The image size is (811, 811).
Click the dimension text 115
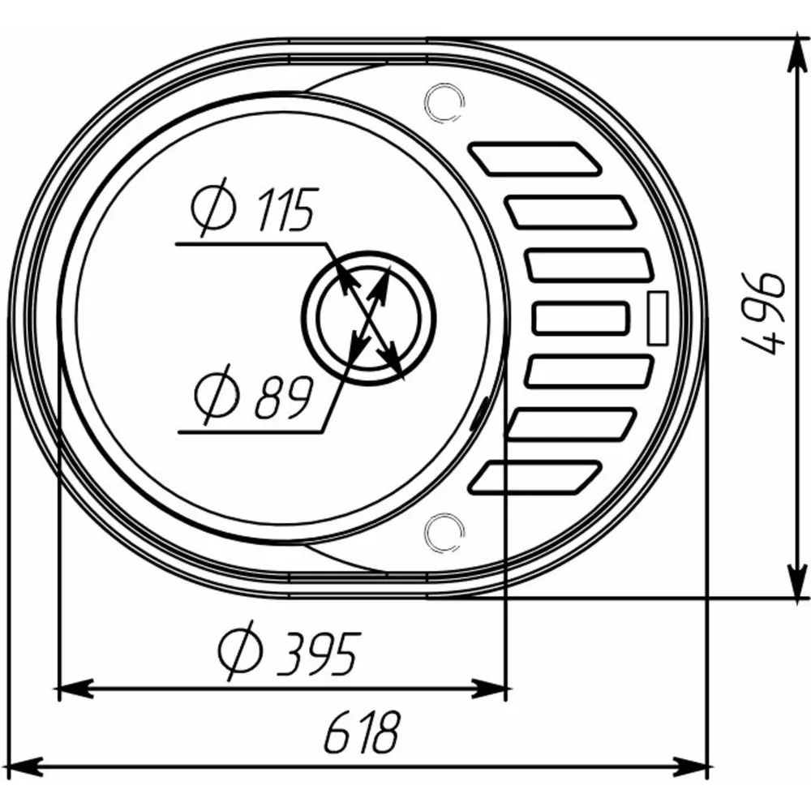click(x=285, y=209)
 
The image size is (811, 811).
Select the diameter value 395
click(x=316, y=653)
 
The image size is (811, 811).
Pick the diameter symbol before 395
click(x=240, y=650)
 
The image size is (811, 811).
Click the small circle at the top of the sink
click(x=444, y=102)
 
